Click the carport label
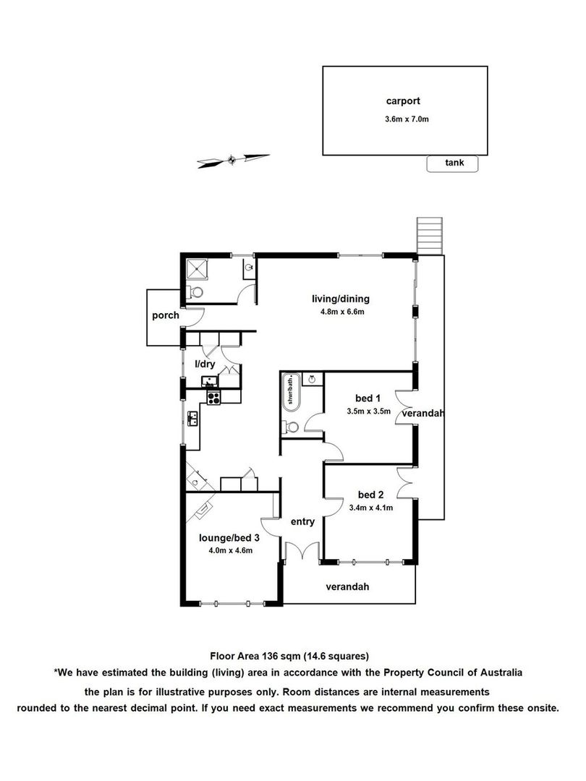(x=403, y=101)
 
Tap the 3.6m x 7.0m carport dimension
(x=407, y=119)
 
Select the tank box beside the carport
(x=452, y=163)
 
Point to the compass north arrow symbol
(x=233, y=160)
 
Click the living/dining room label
(x=341, y=299)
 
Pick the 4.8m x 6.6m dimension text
(x=342, y=312)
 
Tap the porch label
(x=166, y=315)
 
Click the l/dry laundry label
(x=205, y=364)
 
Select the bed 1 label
(x=368, y=398)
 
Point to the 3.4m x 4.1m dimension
(x=370, y=508)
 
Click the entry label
(x=302, y=522)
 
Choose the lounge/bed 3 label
(x=229, y=538)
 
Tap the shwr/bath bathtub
(x=291, y=391)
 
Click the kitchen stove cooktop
(x=213, y=398)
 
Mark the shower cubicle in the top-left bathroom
(x=198, y=271)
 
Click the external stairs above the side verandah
(x=430, y=236)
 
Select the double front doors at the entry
(x=302, y=551)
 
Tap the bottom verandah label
(x=347, y=586)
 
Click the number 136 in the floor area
(x=271, y=656)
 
